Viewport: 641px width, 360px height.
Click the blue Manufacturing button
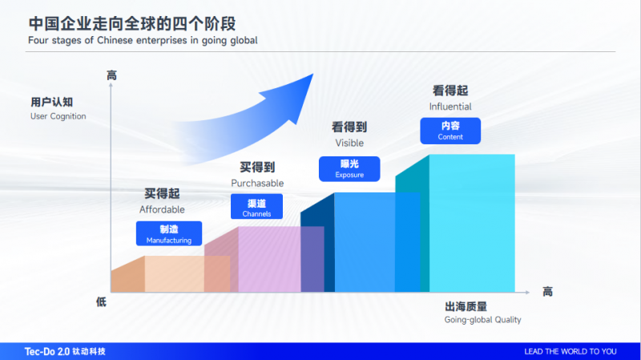169,233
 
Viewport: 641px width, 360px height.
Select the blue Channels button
256,207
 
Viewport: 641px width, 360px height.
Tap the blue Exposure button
349,168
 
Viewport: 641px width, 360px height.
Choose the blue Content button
450,131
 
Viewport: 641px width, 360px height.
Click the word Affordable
162,209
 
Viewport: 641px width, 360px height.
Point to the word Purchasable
257,183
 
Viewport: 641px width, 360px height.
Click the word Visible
349,143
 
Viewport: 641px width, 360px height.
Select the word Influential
450,107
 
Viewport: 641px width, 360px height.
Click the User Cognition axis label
58,108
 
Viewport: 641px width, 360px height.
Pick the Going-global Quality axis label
483,313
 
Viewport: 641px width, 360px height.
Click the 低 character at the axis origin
101,302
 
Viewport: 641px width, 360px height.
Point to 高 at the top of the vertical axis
111,75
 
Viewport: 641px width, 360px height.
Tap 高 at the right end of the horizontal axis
547,292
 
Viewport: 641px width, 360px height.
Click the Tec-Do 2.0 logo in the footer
65,351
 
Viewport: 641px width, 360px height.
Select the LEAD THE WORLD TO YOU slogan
570,351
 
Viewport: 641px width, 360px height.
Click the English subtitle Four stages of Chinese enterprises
143,40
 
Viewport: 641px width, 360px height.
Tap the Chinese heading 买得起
162,193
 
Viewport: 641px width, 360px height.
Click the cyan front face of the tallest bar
472,224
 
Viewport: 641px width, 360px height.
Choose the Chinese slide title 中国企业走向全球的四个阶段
132,24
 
